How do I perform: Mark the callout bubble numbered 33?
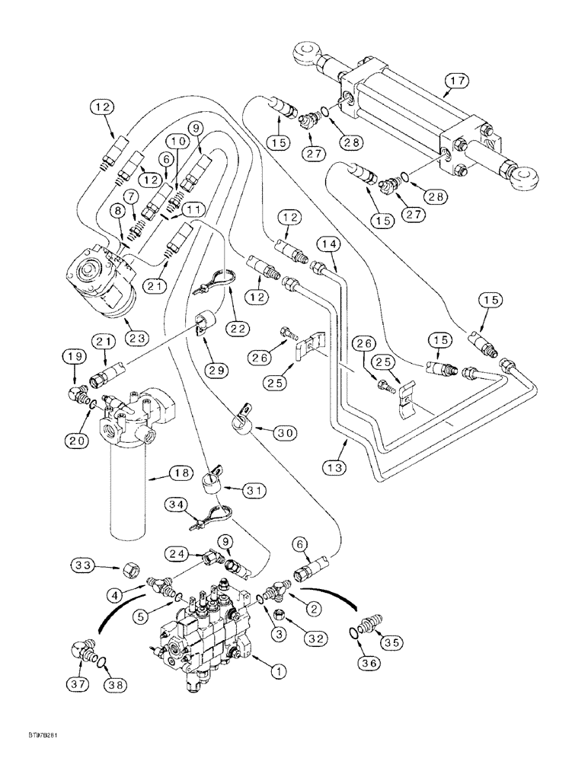[x=83, y=565]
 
